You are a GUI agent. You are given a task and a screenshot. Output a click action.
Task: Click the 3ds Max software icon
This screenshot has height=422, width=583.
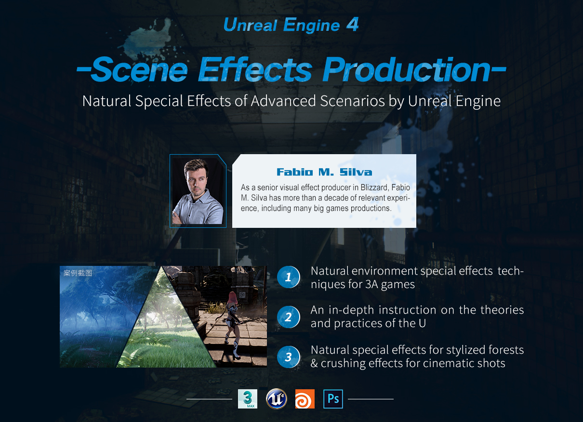pos(248,399)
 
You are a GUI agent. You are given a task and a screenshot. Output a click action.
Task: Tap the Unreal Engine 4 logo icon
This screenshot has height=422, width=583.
pos(277,399)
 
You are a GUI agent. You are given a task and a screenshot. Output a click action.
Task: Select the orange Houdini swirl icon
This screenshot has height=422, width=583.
pos(305,399)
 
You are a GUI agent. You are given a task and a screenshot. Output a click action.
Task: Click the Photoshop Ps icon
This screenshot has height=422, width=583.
pos(333,399)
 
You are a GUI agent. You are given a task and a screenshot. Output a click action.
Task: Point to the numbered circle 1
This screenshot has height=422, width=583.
pos(289,277)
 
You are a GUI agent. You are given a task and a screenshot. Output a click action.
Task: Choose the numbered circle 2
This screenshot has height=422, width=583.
pos(289,317)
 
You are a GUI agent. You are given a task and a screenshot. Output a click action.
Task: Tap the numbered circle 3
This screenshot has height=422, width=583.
pos(289,356)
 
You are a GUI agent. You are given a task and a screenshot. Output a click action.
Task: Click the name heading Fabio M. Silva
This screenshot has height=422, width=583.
pos(324,172)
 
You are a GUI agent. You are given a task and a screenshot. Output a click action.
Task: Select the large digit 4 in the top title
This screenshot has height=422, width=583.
pos(353,24)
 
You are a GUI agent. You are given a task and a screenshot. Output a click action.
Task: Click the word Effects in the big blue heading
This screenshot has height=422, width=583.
pos(255,69)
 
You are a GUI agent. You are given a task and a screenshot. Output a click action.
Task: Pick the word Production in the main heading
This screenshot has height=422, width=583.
pos(407,69)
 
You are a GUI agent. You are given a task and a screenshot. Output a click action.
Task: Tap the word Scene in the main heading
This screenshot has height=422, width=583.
pos(139,69)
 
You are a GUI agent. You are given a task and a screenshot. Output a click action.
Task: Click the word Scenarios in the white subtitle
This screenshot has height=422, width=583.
pos(352,101)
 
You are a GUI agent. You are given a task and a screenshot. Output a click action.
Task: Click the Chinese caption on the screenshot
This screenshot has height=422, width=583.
pos(78,273)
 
